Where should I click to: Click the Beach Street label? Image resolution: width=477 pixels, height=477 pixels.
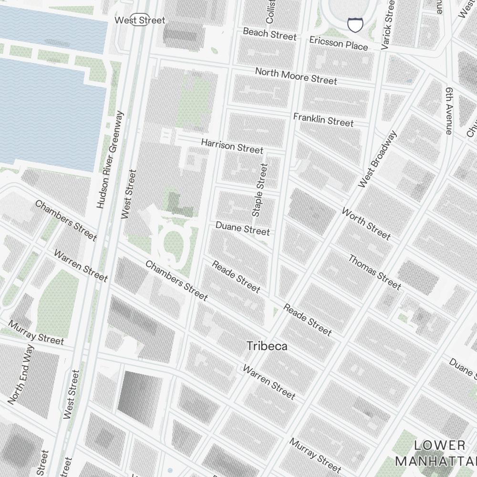pos(270,34)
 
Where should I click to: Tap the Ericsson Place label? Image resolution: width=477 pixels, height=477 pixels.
pos(338,43)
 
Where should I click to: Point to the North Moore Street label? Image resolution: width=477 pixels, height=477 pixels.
pos(296,76)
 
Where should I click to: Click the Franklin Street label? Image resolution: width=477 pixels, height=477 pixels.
pos(323,120)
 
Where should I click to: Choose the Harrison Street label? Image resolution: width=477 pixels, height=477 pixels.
pos(232,146)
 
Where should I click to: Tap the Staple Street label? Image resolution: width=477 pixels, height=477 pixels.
pos(260,190)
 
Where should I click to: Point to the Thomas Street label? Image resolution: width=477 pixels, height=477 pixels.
pos(374,272)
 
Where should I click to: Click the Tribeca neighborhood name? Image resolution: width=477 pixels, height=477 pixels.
pos(267,346)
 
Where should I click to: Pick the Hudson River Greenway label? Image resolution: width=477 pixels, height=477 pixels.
pos(110,160)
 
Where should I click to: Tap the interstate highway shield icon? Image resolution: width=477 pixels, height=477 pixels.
pos(354,25)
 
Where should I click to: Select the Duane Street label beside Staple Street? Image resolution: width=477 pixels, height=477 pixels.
pos(242,228)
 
